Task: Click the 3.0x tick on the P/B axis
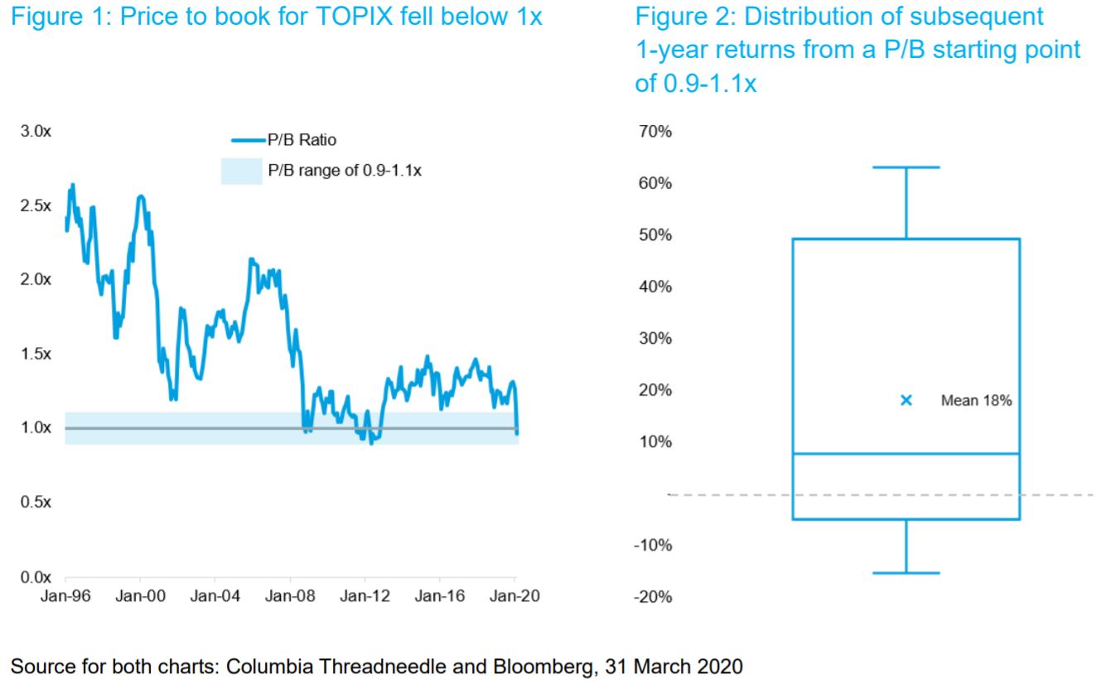coord(36,131)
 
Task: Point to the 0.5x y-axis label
coord(36,502)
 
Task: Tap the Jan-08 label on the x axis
coord(290,596)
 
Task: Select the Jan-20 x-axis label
coord(514,596)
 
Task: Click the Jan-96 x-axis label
coord(65,596)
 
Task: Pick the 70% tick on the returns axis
coord(655,132)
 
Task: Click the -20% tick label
coord(653,597)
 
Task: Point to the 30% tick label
coord(655,339)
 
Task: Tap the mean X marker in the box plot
coord(906,401)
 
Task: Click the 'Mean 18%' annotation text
coord(976,401)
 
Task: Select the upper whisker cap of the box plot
coord(906,167)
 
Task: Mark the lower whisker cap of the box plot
coord(906,573)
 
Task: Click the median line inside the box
coord(906,454)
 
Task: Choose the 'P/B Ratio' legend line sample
coord(249,141)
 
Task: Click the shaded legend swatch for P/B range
coord(241,171)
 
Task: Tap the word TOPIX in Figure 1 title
coord(355,17)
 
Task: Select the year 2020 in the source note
coord(720,667)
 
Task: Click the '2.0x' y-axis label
coord(36,280)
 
